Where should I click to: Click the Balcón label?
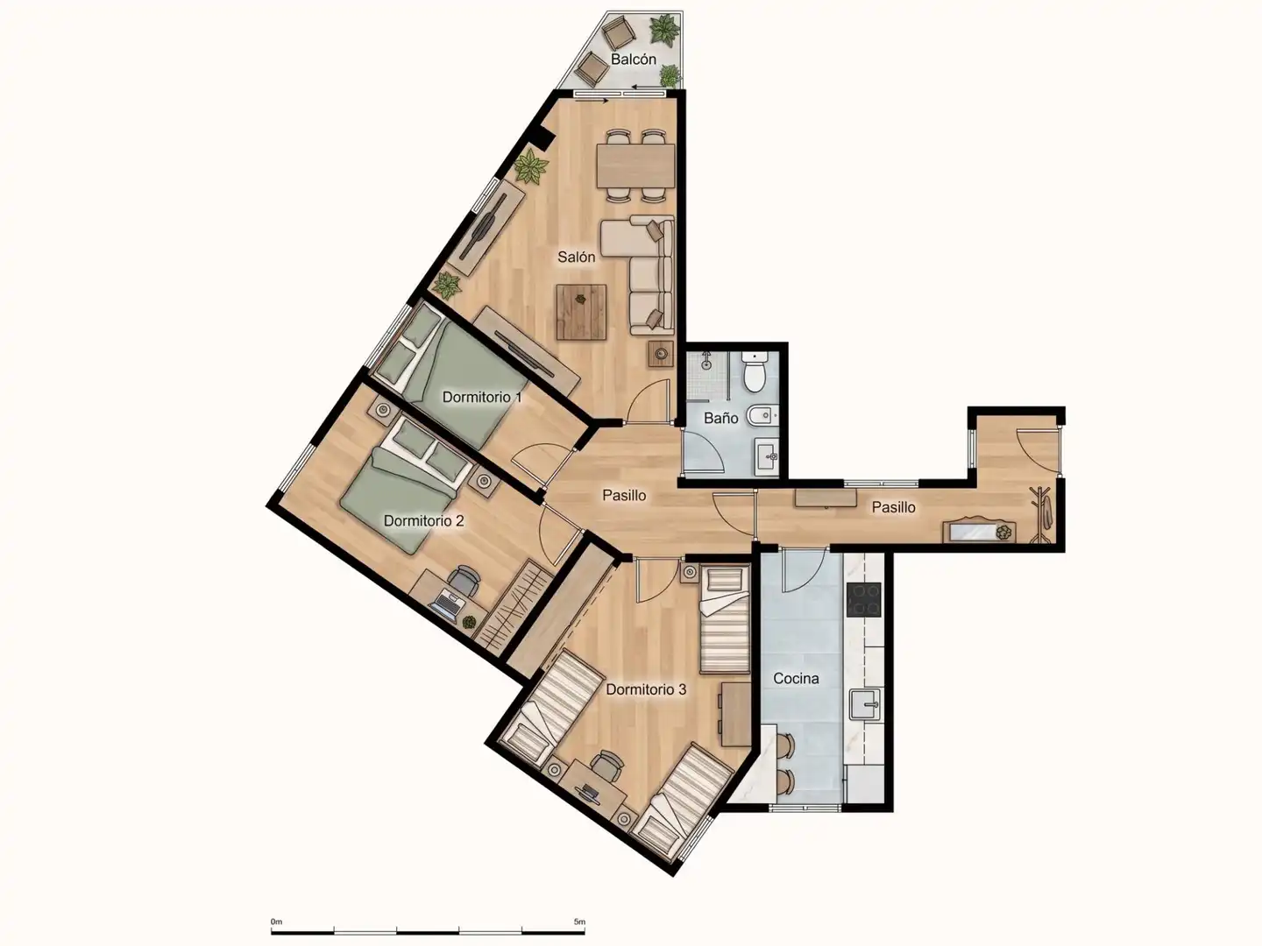click(x=633, y=60)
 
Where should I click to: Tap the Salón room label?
click(x=576, y=258)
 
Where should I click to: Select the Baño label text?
click(x=721, y=418)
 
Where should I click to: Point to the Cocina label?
click(x=796, y=679)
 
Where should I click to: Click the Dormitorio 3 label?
click(x=646, y=689)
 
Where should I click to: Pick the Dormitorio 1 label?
click(x=482, y=397)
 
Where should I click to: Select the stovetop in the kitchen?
click(x=863, y=600)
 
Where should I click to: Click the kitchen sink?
click(x=865, y=705)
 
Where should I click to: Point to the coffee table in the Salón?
click(x=581, y=313)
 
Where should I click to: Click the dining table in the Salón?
click(x=636, y=166)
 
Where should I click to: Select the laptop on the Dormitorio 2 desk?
click(x=445, y=606)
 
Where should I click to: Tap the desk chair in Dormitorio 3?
click(x=607, y=766)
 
